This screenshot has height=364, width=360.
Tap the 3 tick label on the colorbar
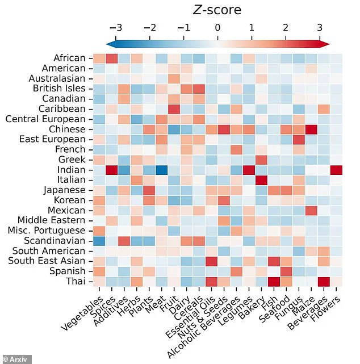point(319,27)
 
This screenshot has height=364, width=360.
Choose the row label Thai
point(75,282)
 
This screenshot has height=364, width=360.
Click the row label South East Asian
point(49,261)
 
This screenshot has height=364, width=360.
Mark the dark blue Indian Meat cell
point(161,170)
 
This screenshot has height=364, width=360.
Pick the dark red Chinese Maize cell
point(311,129)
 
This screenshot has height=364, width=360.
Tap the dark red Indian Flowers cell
point(336,170)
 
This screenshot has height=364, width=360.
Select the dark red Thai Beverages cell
point(324,282)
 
